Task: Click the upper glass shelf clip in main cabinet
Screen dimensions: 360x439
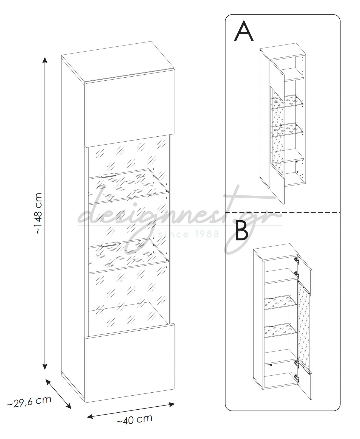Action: click(108, 175)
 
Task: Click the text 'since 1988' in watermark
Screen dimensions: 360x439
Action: click(189, 234)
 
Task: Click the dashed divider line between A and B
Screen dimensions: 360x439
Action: click(283, 213)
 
